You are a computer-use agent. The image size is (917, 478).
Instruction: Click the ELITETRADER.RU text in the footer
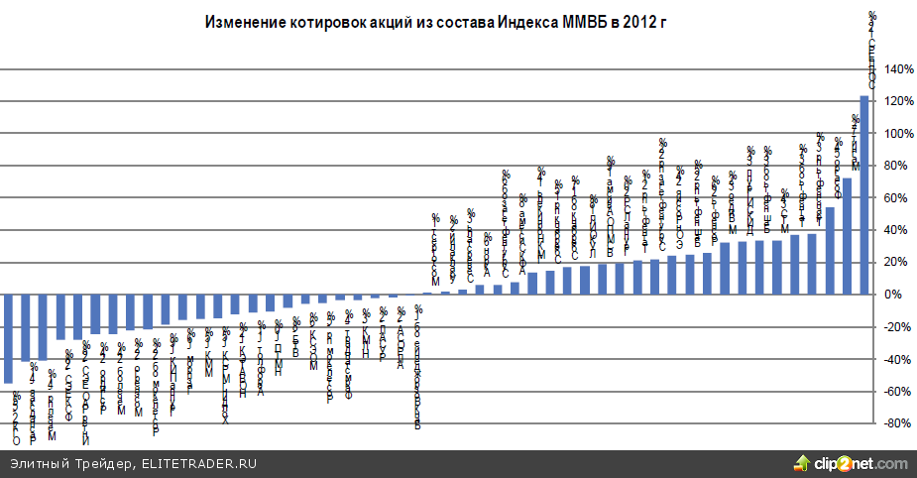click(201, 463)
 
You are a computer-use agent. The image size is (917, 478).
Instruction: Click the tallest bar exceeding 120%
click(863, 194)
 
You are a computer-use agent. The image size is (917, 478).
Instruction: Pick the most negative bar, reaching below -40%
click(8, 338)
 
